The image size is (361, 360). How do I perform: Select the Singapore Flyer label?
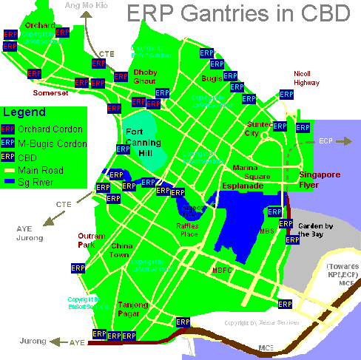(x=319, y=180)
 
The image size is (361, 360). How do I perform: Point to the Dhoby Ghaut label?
(x=144, y=77)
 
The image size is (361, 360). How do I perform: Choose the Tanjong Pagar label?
(x=133, y=309)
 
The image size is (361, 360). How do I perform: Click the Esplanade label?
(x=243, y=186)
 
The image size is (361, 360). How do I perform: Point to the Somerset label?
(x=50, y=94)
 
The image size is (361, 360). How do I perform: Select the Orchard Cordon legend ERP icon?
(x=9, y=129)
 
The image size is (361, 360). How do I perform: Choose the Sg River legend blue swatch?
(x=9, y=180)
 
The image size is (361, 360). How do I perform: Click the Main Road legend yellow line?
(x=9, y=169)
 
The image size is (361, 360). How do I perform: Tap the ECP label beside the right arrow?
(x=327, y=140)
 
